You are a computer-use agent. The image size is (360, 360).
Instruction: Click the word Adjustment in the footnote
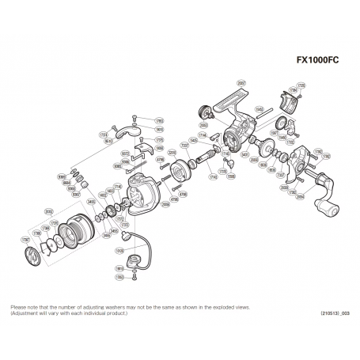point(27,312)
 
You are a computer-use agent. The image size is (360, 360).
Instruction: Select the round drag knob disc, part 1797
point(34,255)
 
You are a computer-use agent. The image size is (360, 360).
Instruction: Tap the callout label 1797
point(24,240)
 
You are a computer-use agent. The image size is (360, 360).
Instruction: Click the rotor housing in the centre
point(139,194)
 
